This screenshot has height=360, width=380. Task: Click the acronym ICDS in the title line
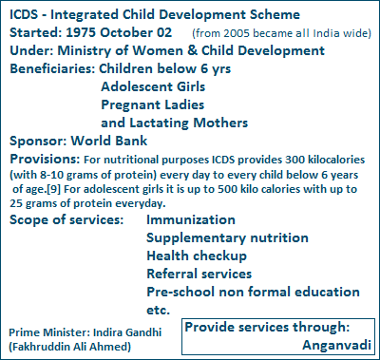(27, 14)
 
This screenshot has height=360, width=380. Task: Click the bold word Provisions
(41, 159)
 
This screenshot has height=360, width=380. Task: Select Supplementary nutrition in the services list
(224, 238)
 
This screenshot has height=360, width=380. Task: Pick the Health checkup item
(197, 256)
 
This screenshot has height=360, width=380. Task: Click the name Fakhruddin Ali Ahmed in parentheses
(74, 348)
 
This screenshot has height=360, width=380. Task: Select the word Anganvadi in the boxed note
(337, 344)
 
